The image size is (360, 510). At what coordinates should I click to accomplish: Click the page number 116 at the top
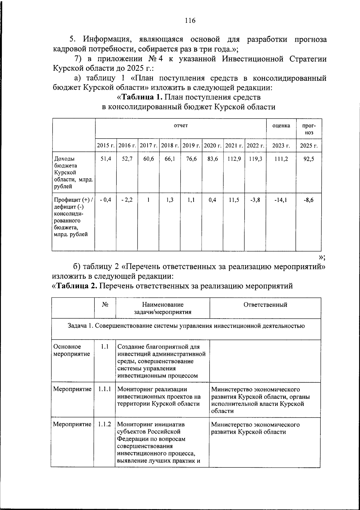(x=190, y=21)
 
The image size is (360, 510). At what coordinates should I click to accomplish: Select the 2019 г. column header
(x=191, y=146)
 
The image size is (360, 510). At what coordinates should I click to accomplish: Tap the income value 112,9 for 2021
(x=234, y=159)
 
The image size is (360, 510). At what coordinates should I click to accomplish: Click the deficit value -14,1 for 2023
(x=281, y=200)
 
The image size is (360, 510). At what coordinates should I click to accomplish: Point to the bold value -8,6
(x=308, y=200)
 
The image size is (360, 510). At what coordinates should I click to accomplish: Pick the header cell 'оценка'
(x=281, y=126)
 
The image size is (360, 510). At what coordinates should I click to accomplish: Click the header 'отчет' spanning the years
(x=181, y=126)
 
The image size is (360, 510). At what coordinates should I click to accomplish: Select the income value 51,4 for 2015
(x=106, y=159)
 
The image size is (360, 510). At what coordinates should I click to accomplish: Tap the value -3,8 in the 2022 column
(x=255, y=200)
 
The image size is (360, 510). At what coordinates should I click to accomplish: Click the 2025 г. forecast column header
(x=309, y=146)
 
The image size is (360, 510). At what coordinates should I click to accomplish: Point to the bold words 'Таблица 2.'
(x=76, y=286)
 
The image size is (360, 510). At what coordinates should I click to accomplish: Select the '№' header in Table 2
(x=105, y=305)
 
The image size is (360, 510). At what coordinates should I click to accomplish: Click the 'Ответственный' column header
(x=265, y=305)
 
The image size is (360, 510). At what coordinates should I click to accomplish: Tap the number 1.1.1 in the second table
(x=104, y=389)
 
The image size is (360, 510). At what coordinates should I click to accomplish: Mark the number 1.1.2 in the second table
(x=104, y=424)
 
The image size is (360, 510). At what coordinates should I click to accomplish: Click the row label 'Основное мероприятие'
(x=71, y=350)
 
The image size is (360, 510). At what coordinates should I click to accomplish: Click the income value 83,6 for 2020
(x=213, y=159)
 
